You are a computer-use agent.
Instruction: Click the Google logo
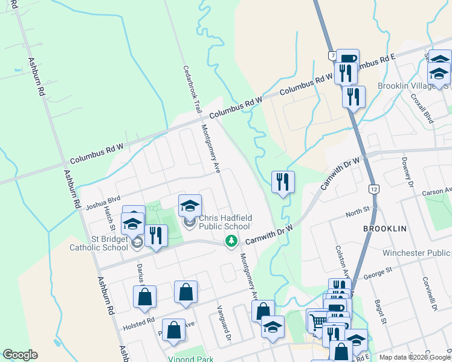click(x=20, y=355)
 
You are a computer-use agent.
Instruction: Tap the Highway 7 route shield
click(x=332, y=56)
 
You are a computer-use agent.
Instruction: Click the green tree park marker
click(x=231, y=241)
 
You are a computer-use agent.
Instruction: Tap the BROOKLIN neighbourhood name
click(x=385, y=229)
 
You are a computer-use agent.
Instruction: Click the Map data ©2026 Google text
click(x=415, y=357)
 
